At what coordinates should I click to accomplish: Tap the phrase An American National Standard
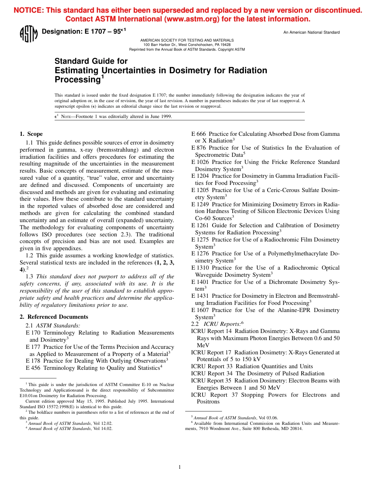311,32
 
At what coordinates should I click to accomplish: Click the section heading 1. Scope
31,134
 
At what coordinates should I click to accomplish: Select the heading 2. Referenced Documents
54,317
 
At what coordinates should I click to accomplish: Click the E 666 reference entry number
198,134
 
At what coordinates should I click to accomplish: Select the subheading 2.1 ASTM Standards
53,325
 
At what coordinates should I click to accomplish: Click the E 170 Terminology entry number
33,333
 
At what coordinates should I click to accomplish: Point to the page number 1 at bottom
179,467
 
